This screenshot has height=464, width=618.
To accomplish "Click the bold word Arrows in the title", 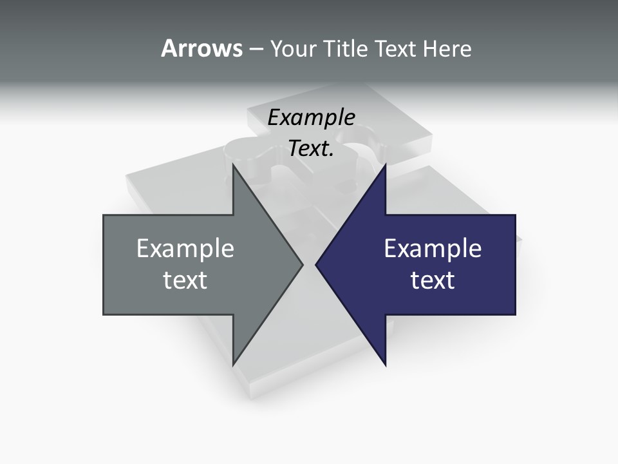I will point(201,48).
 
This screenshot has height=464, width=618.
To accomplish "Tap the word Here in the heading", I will point(447,49).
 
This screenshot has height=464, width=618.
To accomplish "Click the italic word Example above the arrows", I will point(311,118).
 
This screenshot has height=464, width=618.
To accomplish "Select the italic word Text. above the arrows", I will point(311,149).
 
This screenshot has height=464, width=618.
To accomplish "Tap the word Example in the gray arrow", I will point(185,249).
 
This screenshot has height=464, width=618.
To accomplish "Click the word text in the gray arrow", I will point(185,280).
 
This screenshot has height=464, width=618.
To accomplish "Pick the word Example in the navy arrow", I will point(433,249).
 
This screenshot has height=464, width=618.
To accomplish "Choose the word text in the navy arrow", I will point(433,280).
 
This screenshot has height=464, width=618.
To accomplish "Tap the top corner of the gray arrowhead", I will point(233,165).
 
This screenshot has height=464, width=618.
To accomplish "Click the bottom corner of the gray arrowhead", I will point(233,364).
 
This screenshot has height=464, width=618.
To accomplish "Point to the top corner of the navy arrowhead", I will point(385,165).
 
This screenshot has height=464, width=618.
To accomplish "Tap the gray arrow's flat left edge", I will point(104,264).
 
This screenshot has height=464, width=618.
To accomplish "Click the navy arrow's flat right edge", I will point(515,264).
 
